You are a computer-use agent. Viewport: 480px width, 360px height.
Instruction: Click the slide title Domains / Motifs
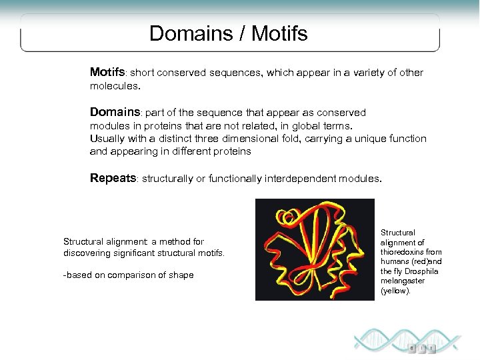pos(229,33)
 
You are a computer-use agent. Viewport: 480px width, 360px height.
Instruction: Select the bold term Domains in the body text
pos(114,112)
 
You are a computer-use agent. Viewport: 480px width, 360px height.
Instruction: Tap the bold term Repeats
pos(113,178)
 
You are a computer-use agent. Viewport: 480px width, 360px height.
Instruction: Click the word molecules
pos(113,87)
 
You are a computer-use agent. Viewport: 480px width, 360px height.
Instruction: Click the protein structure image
pos(315,249)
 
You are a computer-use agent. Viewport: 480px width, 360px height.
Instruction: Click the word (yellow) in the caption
pos(395,291)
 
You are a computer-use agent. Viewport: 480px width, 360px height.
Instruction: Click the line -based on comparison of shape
pos(128,275)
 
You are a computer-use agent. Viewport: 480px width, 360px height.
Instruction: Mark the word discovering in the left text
pos(89,253)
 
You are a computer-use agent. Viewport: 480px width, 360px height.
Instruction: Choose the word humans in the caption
pos(396,262)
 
